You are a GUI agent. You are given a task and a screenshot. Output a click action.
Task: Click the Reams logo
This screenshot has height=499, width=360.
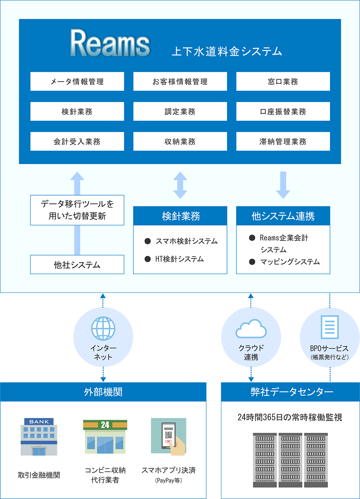110,43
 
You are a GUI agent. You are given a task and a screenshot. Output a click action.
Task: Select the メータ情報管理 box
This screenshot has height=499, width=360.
77,82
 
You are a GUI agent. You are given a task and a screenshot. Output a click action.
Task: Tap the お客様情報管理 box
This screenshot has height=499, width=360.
180,82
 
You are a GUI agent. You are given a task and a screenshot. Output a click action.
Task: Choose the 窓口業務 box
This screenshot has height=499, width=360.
283,82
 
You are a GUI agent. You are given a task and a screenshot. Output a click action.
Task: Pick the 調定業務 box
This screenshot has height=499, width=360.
180,112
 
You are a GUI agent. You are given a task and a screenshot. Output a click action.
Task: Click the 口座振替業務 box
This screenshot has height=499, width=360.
283,112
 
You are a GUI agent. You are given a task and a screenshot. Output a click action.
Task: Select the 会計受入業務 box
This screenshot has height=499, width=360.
77,142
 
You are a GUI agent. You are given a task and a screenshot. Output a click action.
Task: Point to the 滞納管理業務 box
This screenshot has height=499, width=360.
283,142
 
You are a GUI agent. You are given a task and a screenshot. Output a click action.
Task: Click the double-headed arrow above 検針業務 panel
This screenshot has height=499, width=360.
180,185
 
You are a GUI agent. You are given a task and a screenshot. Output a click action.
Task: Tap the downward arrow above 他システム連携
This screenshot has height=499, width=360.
283,185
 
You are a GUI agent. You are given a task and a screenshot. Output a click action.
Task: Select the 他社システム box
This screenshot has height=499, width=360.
77,265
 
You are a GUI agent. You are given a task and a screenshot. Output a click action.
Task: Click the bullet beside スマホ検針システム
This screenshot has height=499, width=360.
148,241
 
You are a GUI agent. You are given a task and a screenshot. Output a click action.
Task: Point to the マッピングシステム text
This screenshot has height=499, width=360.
290,262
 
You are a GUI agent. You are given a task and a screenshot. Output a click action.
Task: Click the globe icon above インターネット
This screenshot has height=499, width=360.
103,329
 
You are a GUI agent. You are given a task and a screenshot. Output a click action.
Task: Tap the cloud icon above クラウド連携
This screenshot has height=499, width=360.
251,329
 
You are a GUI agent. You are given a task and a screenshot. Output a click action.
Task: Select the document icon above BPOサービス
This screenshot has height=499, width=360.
330,327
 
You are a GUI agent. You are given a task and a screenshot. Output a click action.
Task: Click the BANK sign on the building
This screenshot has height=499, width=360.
39,421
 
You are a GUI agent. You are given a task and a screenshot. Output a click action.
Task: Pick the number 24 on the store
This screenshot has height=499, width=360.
105,425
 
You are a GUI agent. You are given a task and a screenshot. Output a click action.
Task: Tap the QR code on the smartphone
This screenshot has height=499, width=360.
169,435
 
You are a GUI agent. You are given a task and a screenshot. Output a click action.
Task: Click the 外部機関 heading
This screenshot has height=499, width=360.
103,392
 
